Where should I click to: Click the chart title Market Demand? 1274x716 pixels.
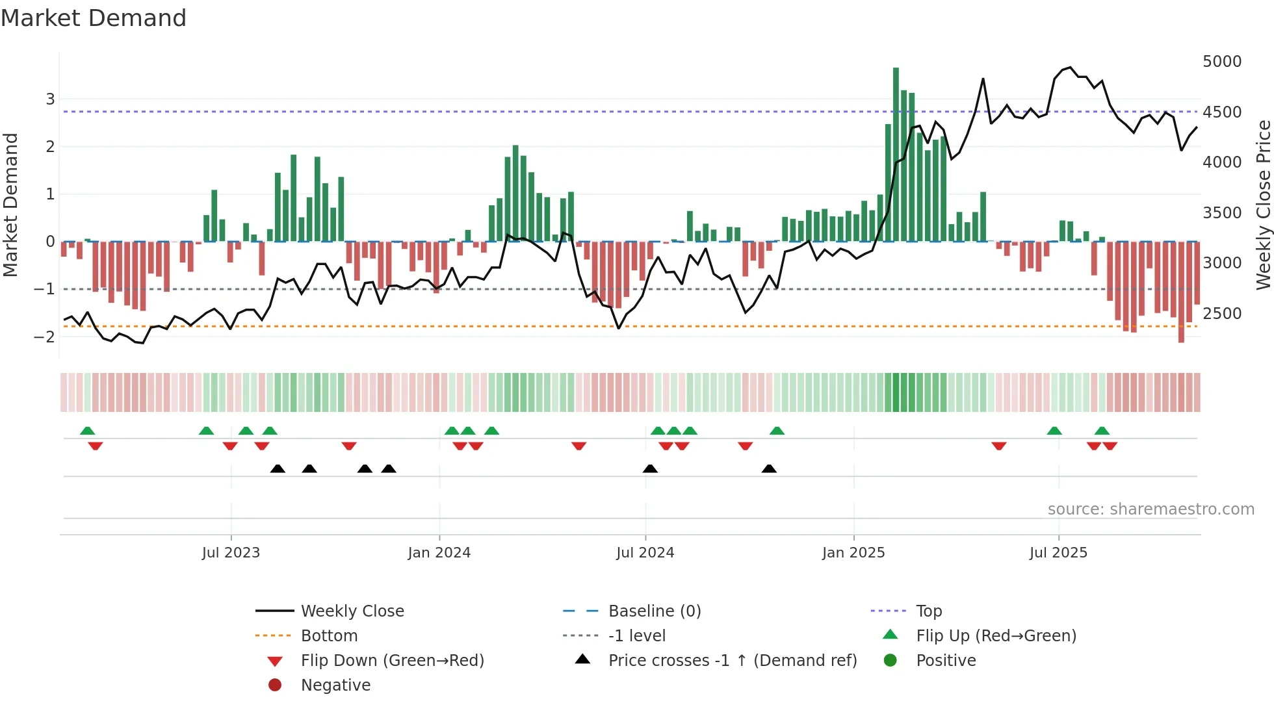coord(94,18)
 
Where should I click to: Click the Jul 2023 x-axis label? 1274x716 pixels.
coord(231,553)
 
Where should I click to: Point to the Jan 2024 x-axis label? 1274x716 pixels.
coord(439,553)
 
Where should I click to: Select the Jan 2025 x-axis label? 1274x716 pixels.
coord(853,553)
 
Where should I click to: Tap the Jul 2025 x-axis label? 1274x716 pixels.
coord(1058,553)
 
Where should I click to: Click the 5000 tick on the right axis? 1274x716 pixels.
coord(1222,62)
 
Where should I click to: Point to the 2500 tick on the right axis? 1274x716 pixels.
coord(1222,314)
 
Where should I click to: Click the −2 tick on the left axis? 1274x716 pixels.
coord(45,337)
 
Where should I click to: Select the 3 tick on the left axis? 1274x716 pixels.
coord(50,99)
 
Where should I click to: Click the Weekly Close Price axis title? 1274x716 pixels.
coord(1263,205)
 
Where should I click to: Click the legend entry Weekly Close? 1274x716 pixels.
coord(352,611)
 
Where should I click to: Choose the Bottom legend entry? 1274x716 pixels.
coord(329,636)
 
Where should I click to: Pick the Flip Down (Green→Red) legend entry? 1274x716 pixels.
coord(392,661)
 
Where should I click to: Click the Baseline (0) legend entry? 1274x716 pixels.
coord(655,611)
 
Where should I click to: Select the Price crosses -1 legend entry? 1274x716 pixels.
coord(733,661)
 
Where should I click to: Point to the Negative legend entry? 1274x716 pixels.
coord(335,685)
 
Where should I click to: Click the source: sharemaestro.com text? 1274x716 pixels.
coord(1150,509)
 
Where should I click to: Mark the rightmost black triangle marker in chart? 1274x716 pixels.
coord(769,469)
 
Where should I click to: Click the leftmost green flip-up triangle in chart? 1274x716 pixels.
coord(88,431)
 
